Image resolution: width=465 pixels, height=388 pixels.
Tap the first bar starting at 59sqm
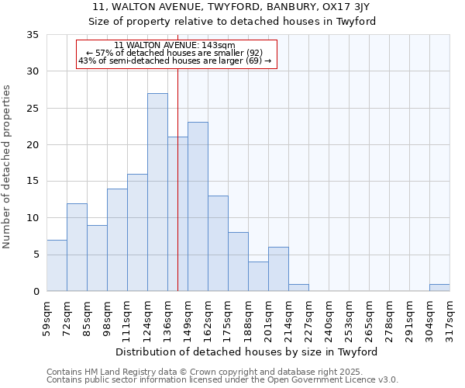(x=57, y=265)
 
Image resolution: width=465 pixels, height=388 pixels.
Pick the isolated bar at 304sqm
(x=439, y=287)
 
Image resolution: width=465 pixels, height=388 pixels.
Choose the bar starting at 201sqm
(x=278, y=269)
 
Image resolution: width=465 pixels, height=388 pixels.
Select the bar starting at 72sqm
(x=77, y=247)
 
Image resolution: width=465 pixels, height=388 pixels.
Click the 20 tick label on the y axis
(x=33, y=145)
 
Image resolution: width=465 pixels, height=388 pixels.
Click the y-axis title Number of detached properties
(x=8, y=167)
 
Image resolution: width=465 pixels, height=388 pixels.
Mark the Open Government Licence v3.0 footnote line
(x=222, y=380)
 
